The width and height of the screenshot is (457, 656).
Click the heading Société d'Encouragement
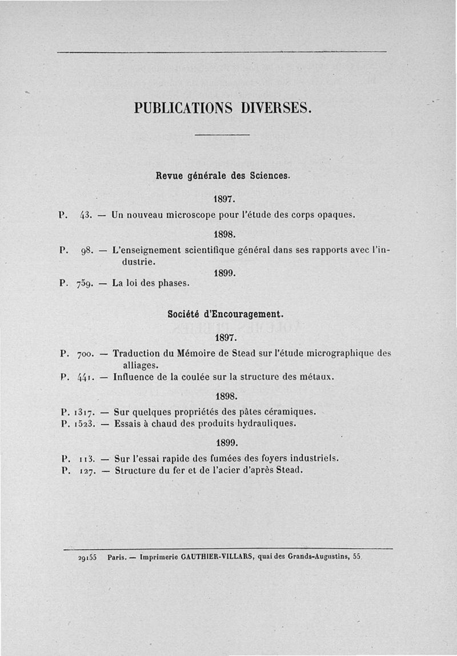pos(226,314)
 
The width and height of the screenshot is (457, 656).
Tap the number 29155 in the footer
pos(86,557)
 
